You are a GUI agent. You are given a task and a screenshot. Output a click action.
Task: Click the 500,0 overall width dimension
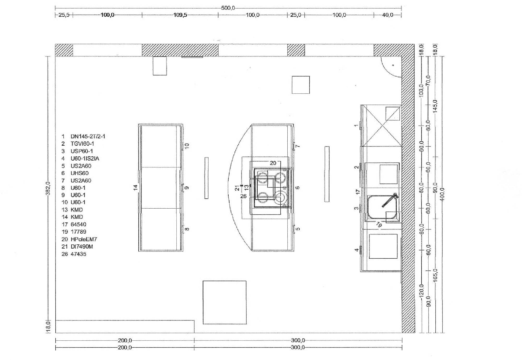[x=228, y=8]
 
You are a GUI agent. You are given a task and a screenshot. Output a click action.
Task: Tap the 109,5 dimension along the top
[x=180, y=15]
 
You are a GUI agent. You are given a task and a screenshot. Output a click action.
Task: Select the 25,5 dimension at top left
[x=64, y=15]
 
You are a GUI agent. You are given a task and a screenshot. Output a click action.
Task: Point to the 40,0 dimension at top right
[x=388, y=15]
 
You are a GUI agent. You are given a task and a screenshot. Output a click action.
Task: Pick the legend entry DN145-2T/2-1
[x=88, y=136]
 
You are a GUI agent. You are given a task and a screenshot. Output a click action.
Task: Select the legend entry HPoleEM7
[x=84, y=239]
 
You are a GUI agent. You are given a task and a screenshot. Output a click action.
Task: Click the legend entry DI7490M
[x=82, y=246]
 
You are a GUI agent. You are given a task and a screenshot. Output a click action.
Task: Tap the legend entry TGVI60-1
[x=82, y=144]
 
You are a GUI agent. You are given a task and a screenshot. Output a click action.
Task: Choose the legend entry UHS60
[x=80, y=173]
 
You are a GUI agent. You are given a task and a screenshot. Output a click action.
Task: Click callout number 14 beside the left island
[x=135, y=187]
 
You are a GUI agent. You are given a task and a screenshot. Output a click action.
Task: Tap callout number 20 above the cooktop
[x=273, y=163]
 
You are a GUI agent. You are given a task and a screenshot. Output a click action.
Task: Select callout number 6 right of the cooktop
[x=297, y=188]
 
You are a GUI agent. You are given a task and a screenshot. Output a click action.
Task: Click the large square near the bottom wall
[x=224, y=302]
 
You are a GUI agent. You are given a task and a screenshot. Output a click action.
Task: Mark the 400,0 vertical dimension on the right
[x=442, y=194]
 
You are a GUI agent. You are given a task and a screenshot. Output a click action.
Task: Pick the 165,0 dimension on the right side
[x=435, y=276]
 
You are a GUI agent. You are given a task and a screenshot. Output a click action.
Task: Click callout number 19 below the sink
[x=379, y=224]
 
